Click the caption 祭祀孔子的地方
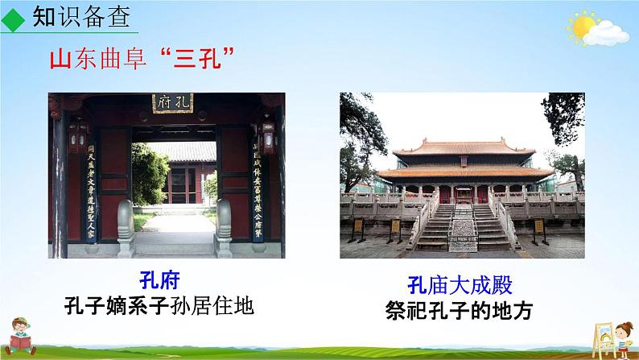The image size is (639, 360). coord(460,310)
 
